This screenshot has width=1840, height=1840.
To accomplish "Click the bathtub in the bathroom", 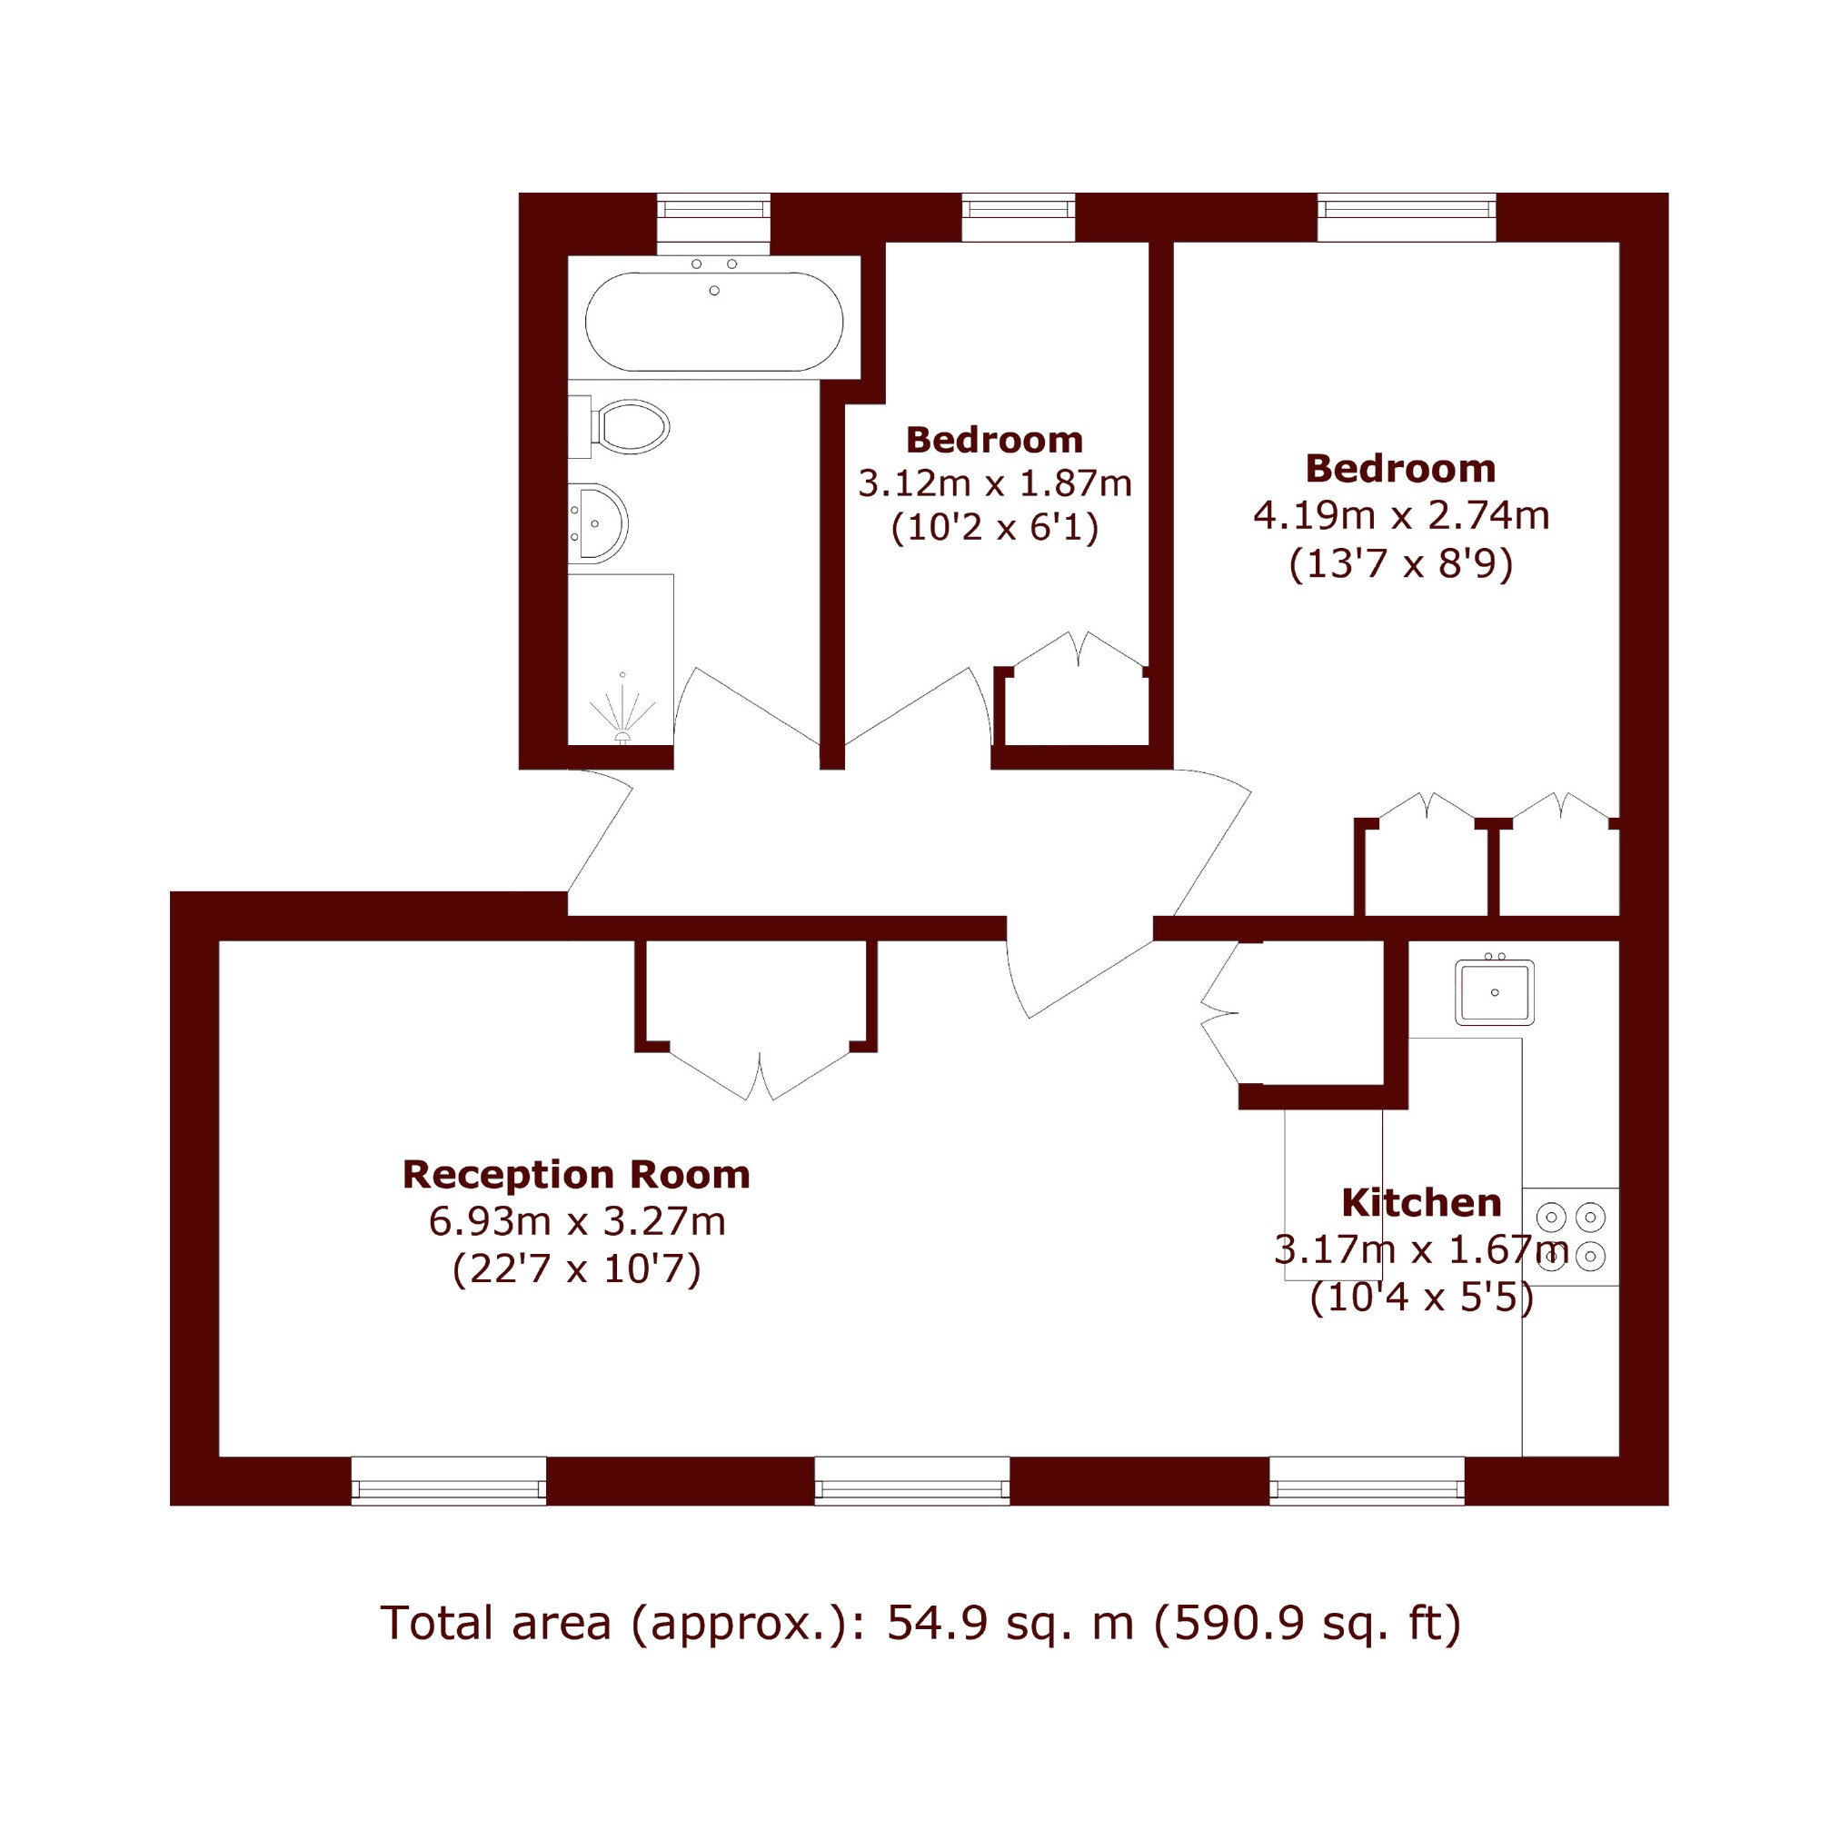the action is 713,321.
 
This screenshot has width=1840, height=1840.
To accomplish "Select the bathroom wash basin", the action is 598,522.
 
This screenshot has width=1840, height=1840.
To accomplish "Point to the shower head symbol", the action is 622,711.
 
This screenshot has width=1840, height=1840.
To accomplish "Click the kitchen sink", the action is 1495,991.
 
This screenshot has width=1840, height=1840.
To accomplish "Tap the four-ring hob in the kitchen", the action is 1570,1236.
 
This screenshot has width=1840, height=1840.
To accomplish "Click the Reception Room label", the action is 576,1174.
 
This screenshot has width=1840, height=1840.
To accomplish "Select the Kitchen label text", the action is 1421,1203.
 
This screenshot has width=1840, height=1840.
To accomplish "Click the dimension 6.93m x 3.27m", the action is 577,1221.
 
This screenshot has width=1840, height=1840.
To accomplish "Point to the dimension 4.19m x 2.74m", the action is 1401,515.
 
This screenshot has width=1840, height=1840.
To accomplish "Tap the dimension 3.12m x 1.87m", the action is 994,483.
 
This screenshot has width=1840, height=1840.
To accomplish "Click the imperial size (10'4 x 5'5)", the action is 1422,1298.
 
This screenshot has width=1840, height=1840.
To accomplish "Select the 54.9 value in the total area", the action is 942,1623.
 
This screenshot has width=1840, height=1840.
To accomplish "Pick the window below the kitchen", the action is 1367,1481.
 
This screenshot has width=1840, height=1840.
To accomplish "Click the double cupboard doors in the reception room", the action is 759,1071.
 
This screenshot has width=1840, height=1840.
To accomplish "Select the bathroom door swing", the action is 747,706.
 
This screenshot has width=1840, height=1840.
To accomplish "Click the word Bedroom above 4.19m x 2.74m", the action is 1400,469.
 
